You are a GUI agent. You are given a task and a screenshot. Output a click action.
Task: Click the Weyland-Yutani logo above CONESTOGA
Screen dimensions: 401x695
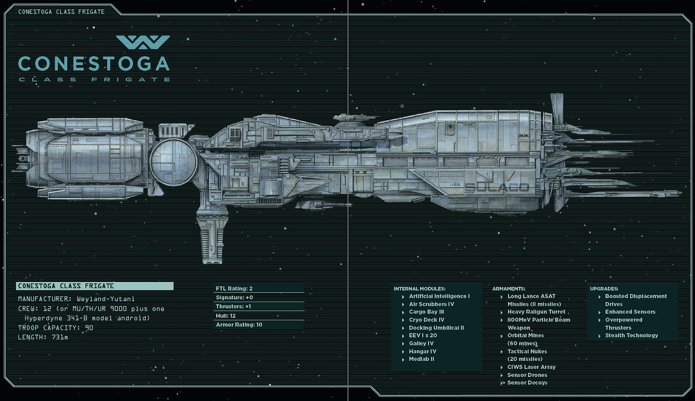[x=143, y=42]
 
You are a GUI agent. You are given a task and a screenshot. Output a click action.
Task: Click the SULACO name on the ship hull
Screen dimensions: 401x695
[x=497, y=188]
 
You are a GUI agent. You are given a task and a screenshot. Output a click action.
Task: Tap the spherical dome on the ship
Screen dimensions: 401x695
[x=173, y=162]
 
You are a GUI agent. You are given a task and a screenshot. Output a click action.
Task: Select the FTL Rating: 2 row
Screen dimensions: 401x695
[x=258, y=289]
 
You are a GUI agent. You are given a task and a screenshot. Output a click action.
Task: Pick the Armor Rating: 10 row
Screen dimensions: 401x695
[x=258, y=325]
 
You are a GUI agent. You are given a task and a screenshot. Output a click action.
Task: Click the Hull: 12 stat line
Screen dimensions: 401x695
[x=258, y=316]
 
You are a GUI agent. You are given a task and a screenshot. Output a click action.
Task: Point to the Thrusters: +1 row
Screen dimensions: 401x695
[x=258, y=307]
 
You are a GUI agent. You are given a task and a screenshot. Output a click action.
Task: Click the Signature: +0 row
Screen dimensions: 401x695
[x=258, y=298]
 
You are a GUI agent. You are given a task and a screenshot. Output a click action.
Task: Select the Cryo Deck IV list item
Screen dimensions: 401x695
[x=426, y=320]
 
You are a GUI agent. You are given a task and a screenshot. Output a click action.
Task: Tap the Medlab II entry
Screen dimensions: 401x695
[x=421, y=359]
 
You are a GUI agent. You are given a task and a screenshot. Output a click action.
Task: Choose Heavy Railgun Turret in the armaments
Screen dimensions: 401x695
[x=536, y=312]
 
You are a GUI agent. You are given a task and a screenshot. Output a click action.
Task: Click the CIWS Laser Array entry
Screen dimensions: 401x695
[x=531, y=367]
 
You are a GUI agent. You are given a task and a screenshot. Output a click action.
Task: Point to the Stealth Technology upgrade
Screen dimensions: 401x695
[x=631, y=336]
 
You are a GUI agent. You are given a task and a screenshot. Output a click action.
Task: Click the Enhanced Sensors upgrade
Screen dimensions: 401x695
[x=630, y=312]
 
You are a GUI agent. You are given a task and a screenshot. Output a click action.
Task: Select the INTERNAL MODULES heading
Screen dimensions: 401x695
[x=420, y=289]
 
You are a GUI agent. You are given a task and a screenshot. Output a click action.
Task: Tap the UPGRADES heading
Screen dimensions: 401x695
[x=604, y=289]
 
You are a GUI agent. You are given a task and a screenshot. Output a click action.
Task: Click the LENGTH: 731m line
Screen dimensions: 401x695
[x=43, y=337]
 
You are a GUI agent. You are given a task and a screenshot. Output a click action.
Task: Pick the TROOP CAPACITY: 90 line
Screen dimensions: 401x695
[x=55, y=328]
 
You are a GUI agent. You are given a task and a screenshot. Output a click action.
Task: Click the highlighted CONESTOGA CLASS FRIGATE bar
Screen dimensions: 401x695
[x=95, y=286]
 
